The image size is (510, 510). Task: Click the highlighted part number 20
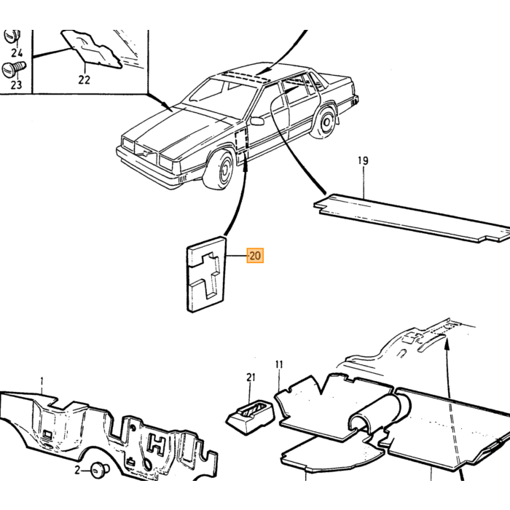(x=255, y=255)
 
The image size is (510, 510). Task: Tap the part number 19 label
(x=363, y=161)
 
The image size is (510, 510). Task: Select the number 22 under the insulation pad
(x=84, y=79)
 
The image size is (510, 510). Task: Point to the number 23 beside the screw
(x=16, y=85)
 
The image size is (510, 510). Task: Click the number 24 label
(x=17, y=52)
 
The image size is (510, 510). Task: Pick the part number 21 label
(x=251, y=377)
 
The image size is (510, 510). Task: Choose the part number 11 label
(x=279, y=364)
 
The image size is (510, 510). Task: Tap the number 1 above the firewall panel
(x=42, y=381)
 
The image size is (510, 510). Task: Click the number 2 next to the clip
(x=77, y=470)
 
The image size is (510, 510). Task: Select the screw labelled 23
(x=14, y=69)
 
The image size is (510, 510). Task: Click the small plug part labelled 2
(x=99, y=471)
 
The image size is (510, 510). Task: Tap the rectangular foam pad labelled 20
(x=206, y=274)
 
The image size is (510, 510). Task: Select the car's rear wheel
(x=324, y=122)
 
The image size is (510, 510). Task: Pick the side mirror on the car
(x=257, y=121)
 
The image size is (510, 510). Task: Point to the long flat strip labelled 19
(x=412, y=219)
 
